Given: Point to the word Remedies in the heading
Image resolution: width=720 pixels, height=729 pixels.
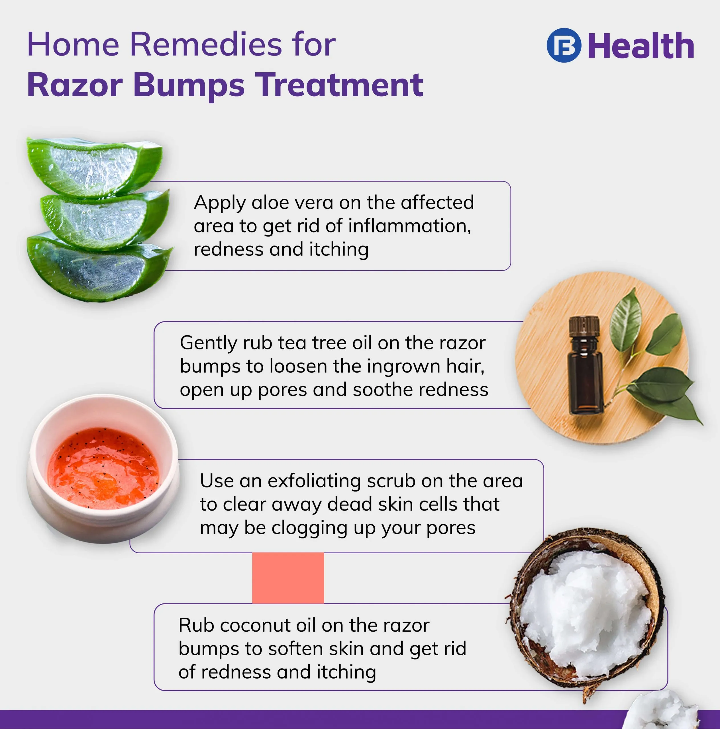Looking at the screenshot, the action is pyautogui.click(x=206, y=44).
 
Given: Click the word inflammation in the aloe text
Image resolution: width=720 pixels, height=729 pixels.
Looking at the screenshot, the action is pyautogui.click(x=409, y=226).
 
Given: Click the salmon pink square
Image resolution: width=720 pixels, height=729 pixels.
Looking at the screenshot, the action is pyautogui.click(x=288, y=578).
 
